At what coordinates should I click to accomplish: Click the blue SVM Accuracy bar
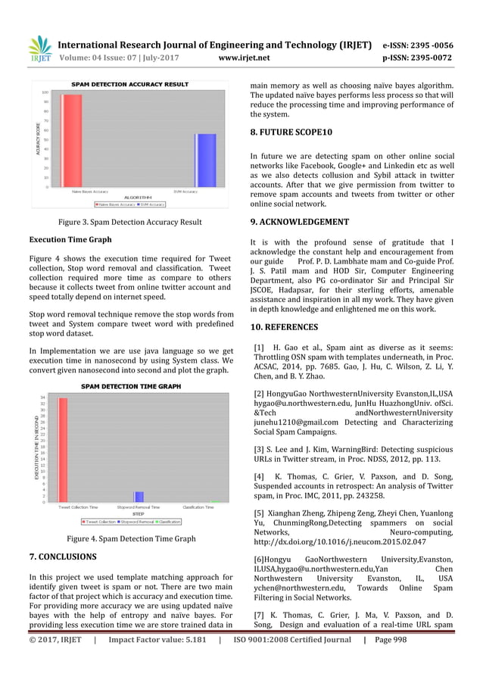click(206, 160)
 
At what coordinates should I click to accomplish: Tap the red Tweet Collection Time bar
click(63, 449)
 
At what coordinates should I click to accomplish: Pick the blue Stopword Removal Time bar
click(139, 497)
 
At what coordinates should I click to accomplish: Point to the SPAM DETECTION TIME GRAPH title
click(131, 385)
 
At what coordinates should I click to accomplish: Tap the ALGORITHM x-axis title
click(129, 197)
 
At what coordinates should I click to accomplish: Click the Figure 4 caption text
click(131, 539)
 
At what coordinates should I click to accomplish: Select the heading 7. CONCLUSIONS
click(62, 557)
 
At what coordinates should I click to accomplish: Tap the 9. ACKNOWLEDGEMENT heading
click(299, 222)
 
